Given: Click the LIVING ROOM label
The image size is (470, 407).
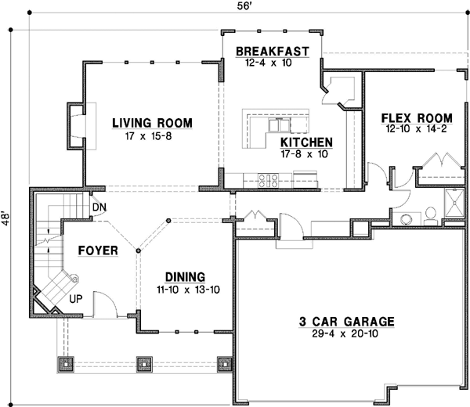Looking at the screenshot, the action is click(152, 123).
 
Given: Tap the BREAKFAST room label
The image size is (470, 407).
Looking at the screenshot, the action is click(273, 52).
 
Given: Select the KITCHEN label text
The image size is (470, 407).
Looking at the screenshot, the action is click(306, 142).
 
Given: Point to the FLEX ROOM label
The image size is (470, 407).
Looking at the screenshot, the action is click(417, 118).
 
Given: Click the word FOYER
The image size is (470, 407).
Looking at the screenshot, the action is click(98, 250).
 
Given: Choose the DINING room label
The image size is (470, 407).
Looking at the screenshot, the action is click(185, 277).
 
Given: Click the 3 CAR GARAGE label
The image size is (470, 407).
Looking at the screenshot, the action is click(346, 322).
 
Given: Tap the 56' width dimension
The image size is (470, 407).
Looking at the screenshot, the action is click(244, 6).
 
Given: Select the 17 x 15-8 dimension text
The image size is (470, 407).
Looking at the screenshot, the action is click(148, 136).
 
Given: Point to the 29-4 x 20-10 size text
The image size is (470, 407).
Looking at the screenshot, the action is click(345, 333).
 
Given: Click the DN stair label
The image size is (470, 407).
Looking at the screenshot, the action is click(99, 207).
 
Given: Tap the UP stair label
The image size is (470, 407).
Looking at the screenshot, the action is click(76, 298).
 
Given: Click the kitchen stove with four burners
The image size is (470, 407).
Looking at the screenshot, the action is click(269, 181).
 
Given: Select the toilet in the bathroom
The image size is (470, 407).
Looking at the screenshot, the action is click(431, 216).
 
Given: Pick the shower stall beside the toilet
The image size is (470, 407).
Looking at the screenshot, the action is click(454, 203).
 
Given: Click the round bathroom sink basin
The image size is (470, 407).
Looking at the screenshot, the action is click(406, 219).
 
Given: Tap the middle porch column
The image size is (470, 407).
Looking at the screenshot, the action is click(144, 364).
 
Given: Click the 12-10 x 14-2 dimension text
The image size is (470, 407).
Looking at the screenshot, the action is click(417, 129).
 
